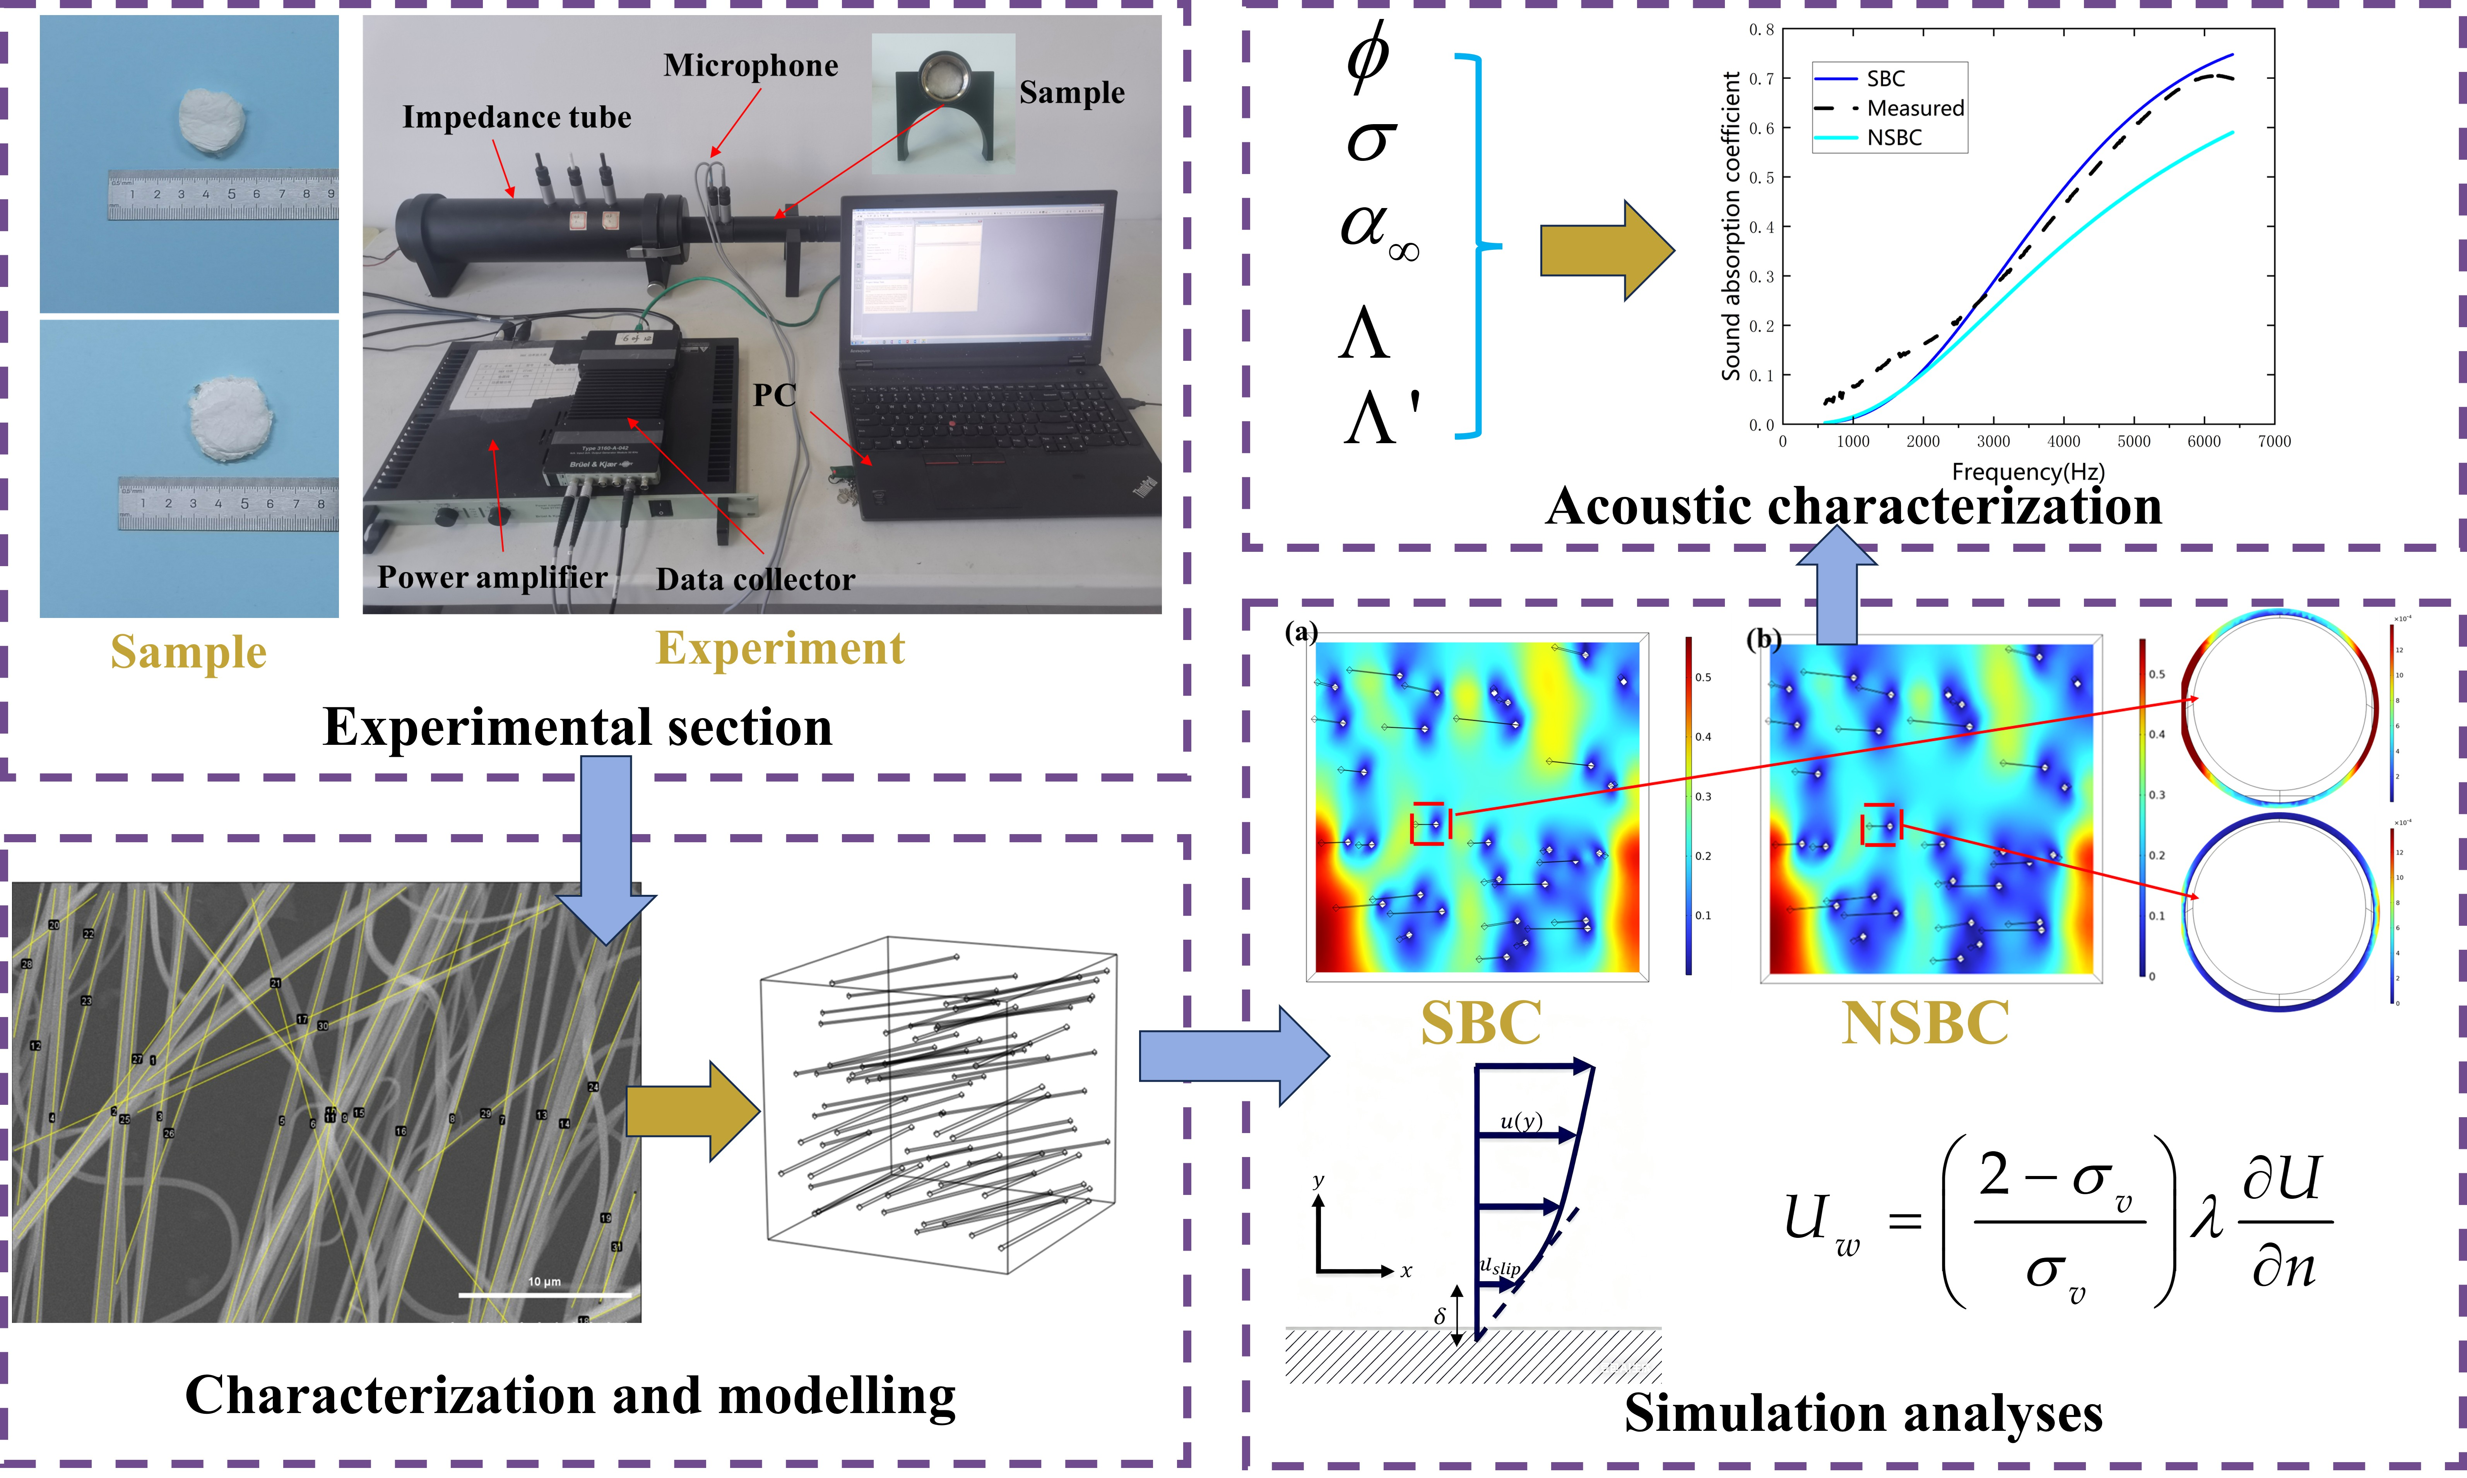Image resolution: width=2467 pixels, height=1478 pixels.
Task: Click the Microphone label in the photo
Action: coord(750,66)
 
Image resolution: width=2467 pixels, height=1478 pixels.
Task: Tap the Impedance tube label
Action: coord(516,118)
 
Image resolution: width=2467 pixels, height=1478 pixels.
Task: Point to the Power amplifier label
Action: coord(492,578)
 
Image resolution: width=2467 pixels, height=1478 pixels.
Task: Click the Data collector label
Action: coord(755,580)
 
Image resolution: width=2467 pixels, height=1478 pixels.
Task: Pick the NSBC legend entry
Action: coord(1893,137)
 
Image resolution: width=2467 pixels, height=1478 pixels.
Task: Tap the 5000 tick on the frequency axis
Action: coord(2133,441)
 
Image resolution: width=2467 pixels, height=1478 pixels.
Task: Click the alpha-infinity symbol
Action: coord(1378,229)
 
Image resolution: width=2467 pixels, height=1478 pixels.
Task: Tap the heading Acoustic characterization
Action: coord(1853,506)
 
